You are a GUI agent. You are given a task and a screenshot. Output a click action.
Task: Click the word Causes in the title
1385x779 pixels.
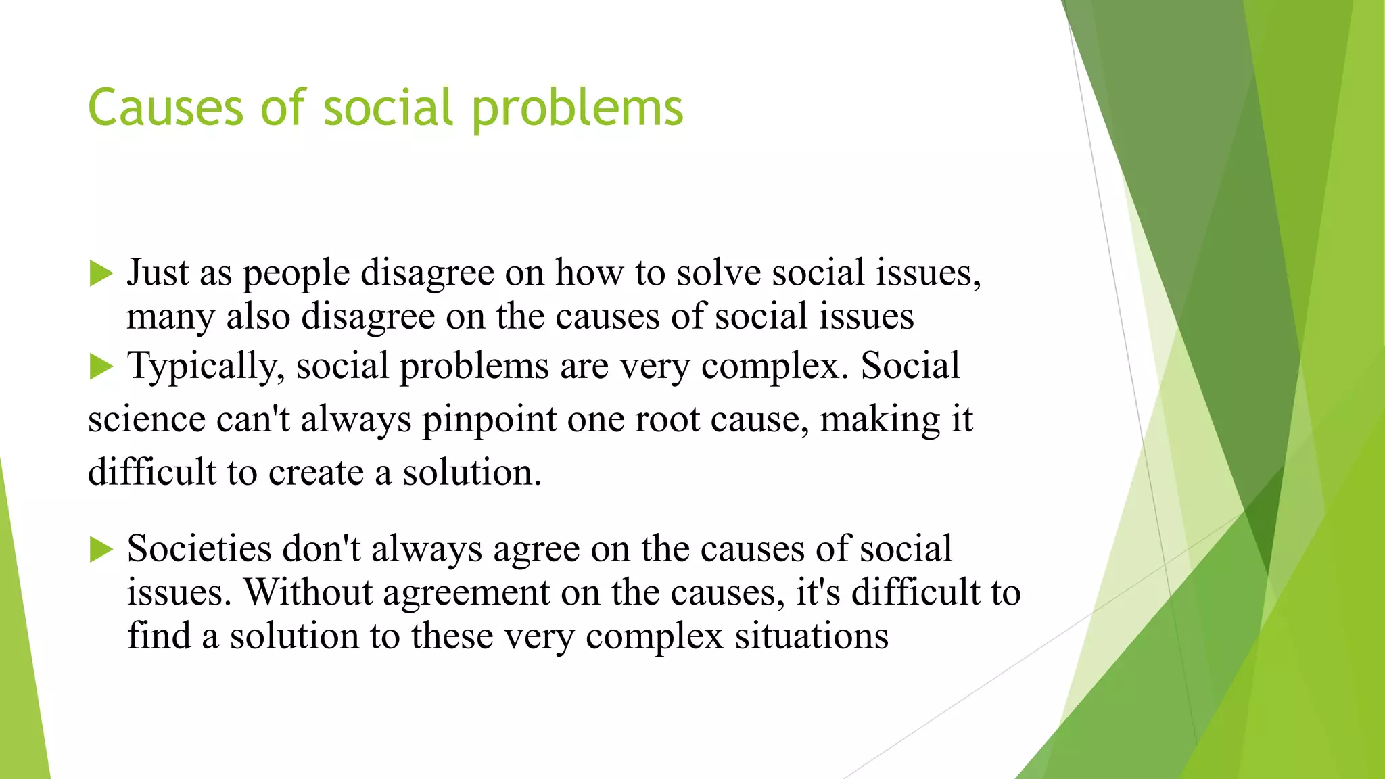point(165,108)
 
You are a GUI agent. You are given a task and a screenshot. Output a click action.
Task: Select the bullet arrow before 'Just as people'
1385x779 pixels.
point(101,275)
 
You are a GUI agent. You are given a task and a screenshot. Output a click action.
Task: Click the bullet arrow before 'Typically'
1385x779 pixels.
point(101,367)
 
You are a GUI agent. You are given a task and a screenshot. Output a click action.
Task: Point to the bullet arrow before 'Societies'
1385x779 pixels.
point(101,549)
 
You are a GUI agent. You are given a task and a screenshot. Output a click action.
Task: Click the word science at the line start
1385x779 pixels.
point(146,419)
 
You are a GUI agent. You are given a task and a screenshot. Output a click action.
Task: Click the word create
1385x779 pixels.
point(316,472)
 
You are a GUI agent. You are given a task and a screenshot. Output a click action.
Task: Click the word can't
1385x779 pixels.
point(253,419)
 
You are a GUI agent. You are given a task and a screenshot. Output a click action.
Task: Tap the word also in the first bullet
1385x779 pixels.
point(258,316)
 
